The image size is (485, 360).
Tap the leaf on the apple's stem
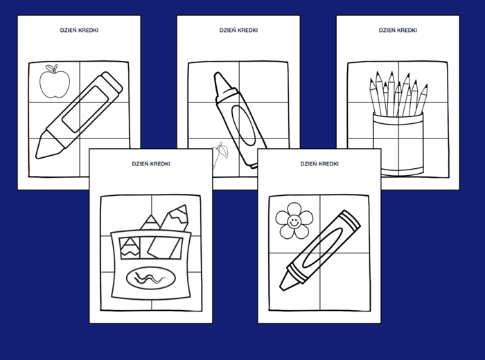[49, 67]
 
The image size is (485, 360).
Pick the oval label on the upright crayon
[244, 125]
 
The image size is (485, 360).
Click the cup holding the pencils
[398, 144]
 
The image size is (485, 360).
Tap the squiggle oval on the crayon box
[151, 278]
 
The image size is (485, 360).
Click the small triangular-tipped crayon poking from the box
[150, 222]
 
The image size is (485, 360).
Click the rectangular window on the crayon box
[151, 248]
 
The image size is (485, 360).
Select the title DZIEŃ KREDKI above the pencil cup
[398, 30]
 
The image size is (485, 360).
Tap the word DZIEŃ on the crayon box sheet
[140, 164]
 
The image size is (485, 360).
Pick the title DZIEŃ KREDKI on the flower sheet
[319, 164]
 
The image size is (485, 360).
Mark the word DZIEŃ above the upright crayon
[228, 30]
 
